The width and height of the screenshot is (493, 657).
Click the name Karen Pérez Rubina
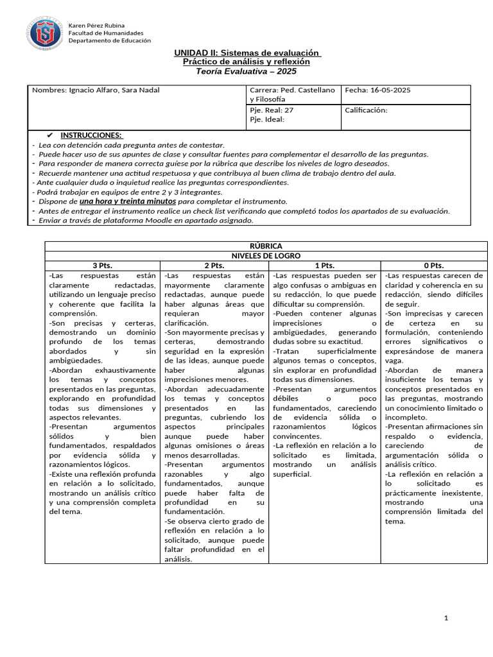pos(96,25)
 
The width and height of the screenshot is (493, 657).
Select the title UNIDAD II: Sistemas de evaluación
pos(246,53)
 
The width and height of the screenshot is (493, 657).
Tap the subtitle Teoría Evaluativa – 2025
pos(246,71)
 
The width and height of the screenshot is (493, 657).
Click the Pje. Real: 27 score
pos(272,110)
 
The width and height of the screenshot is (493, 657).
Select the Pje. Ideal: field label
pos(266,119)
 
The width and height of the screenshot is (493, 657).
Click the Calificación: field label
pos(367,110)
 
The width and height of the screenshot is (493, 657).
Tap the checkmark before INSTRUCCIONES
pos(51,136)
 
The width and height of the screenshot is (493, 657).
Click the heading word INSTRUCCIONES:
pos(91,136)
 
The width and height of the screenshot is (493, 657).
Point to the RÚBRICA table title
pos(265,246)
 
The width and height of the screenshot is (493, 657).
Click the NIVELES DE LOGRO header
pos(265,255)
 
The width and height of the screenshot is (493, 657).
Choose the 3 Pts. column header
pos(102,265)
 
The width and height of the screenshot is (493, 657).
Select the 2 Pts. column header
pos(215,265)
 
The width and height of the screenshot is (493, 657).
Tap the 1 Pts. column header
pos(325,265)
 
